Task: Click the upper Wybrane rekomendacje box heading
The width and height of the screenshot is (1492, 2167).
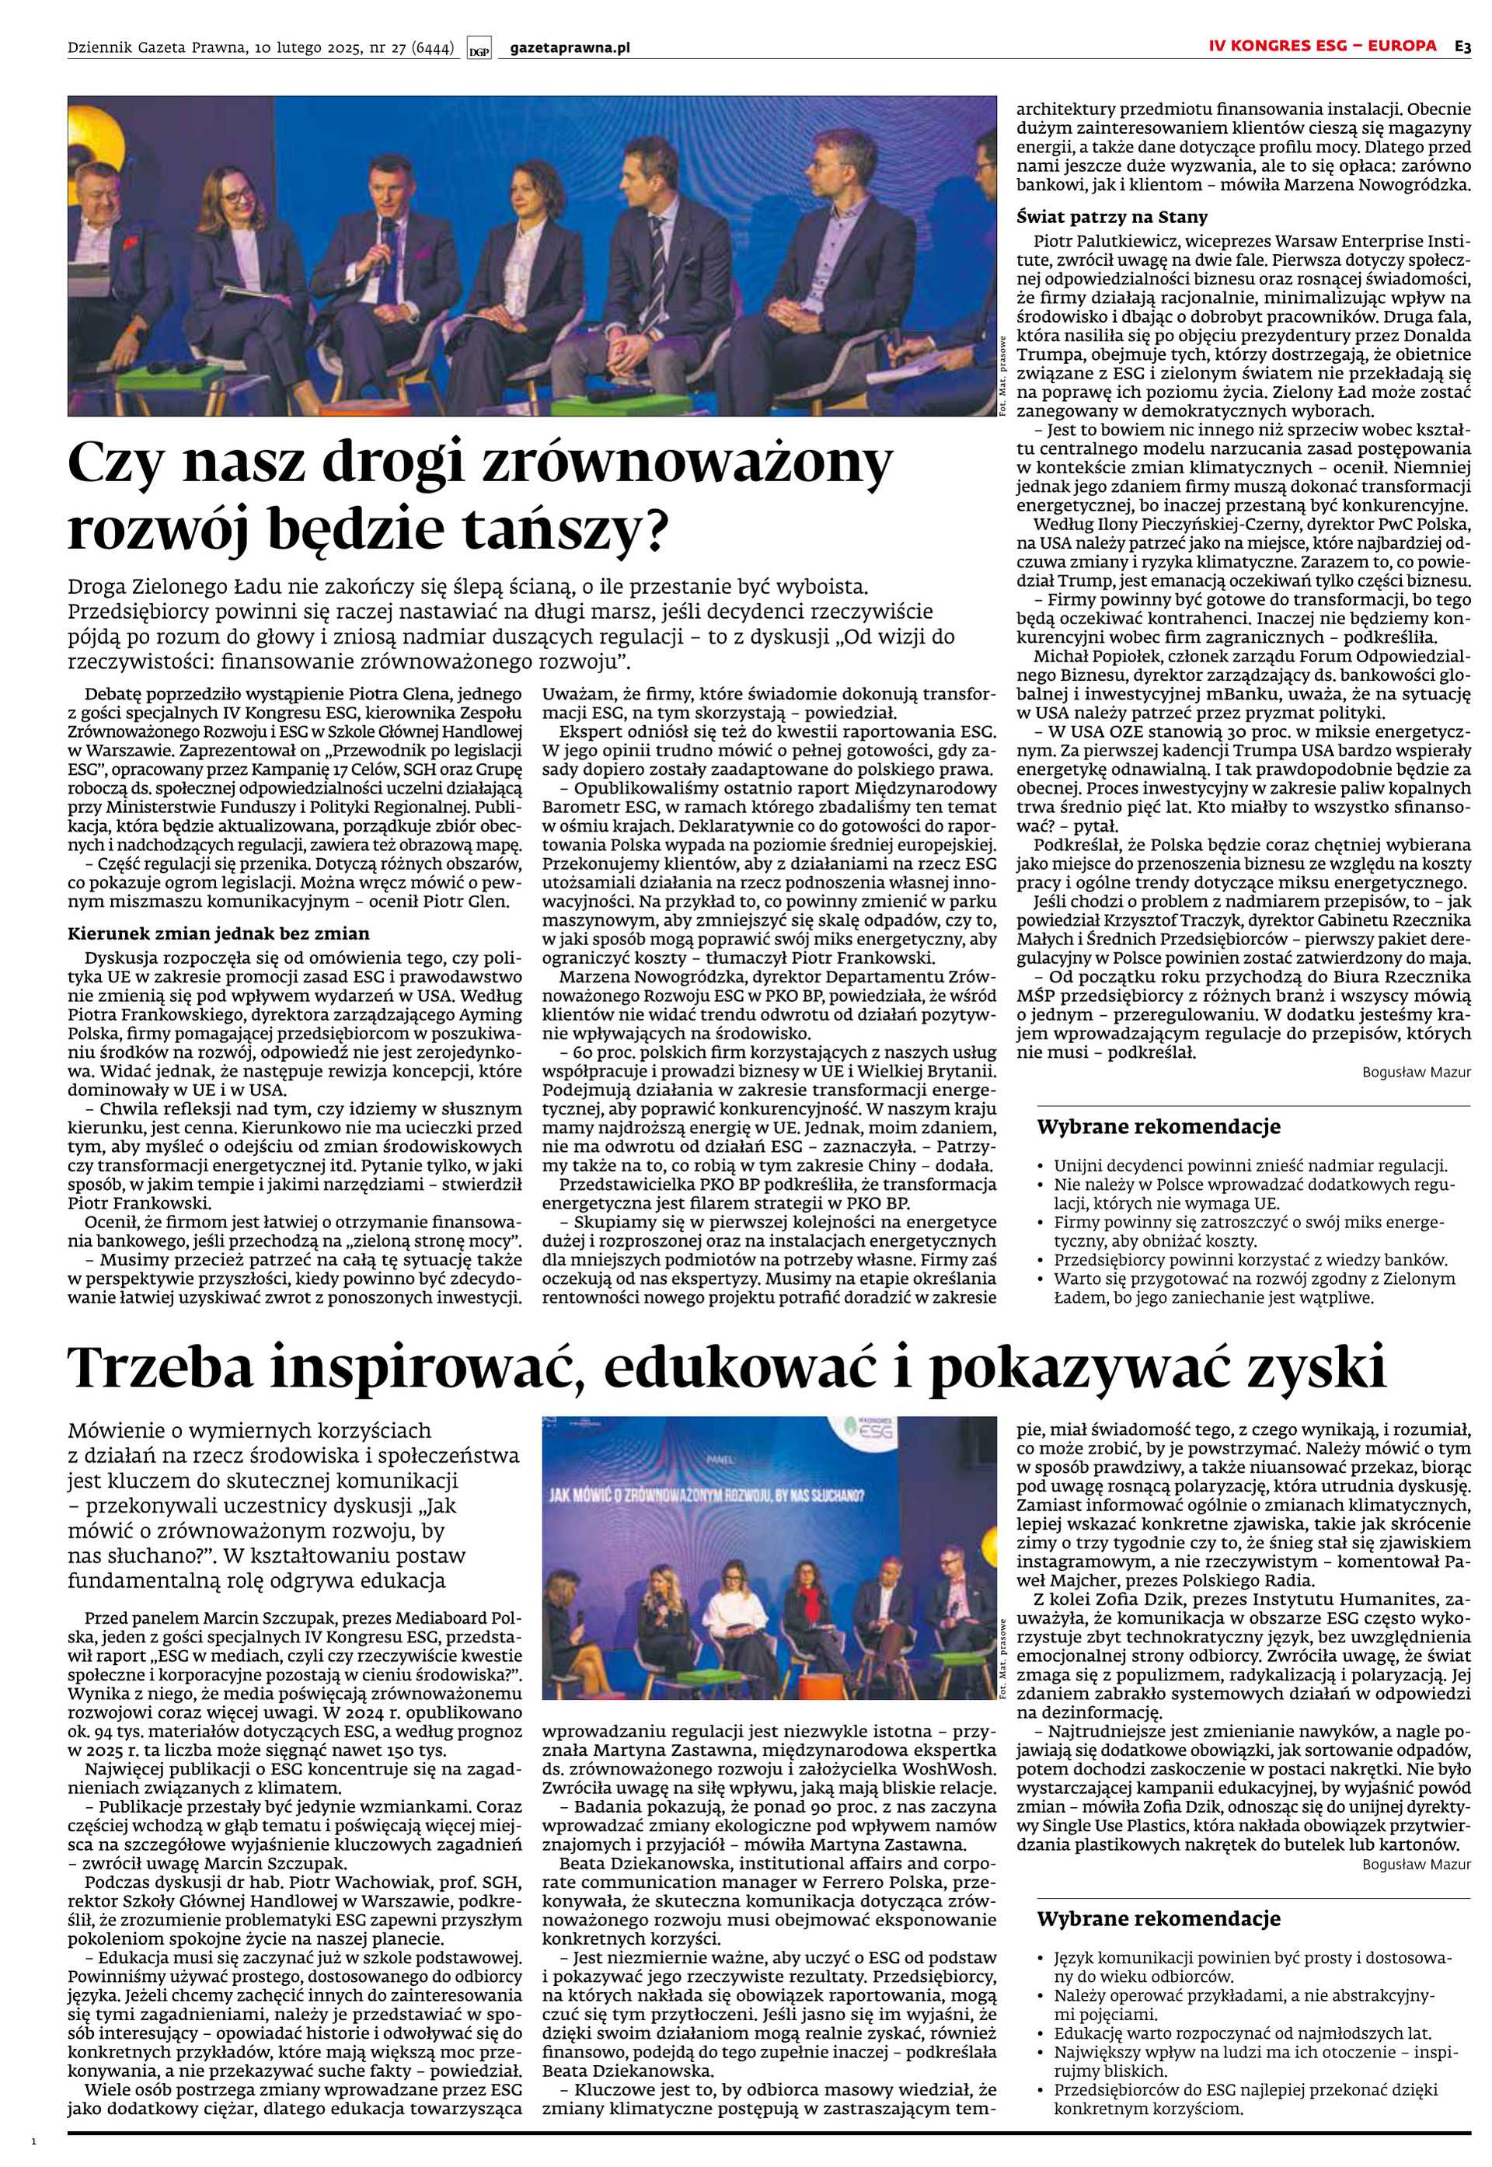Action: [1159, 1128]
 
